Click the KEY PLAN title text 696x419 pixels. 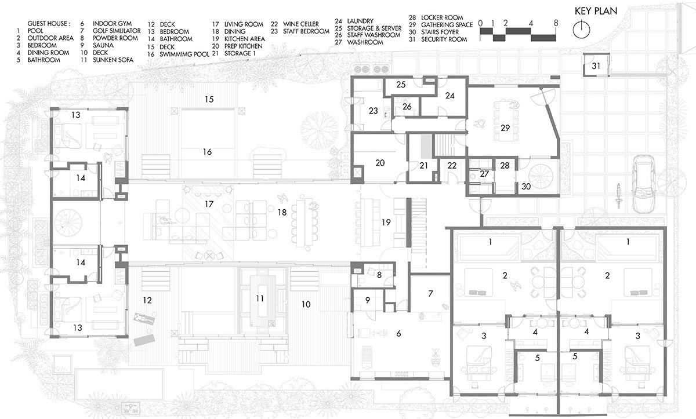596,11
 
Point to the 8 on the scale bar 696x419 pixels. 556,23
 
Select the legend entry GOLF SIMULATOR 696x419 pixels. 117,31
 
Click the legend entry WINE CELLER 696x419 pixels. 300,24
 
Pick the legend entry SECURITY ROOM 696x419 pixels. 444,39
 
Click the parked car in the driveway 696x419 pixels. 643,184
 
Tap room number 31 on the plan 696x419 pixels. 596,66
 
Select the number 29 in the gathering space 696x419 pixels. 505,128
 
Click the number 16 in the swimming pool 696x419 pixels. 207,152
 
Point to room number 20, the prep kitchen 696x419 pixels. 380,163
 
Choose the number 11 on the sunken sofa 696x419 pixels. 260,298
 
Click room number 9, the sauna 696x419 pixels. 368,300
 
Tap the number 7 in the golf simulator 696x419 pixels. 430,293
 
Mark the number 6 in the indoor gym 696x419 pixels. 398,334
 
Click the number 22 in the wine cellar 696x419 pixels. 452,166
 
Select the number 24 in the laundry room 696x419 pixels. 450,96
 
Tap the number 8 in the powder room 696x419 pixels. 379,275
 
